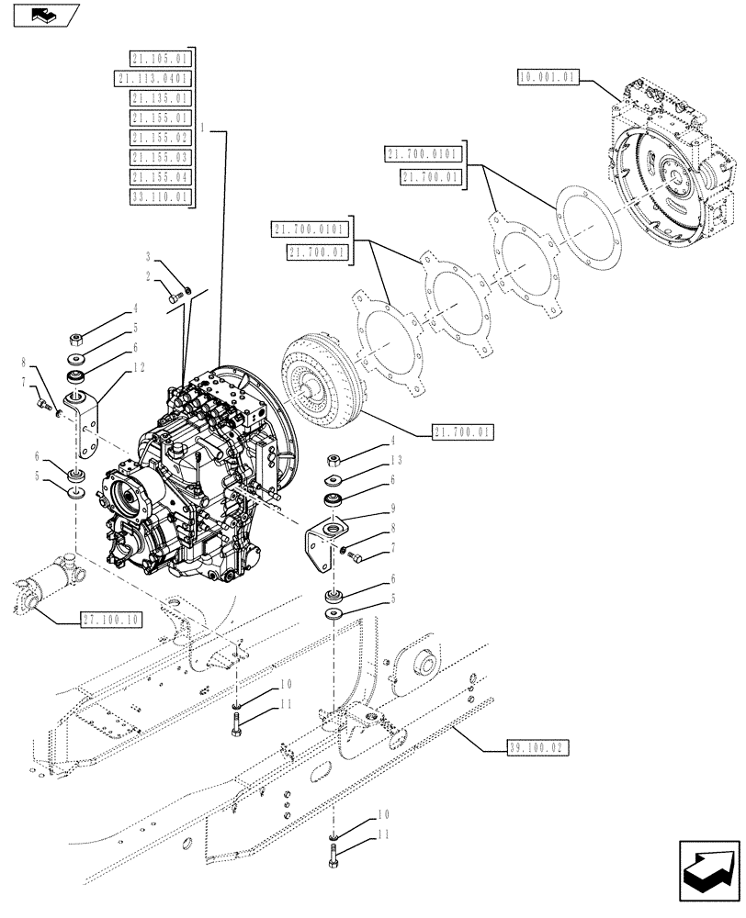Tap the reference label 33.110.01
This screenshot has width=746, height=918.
158,196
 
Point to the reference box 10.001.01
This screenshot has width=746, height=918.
547,79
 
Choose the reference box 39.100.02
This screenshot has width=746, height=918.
537,748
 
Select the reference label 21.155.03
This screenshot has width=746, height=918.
158,157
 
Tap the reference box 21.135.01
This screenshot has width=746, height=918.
158,98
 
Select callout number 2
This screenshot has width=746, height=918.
147,275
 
